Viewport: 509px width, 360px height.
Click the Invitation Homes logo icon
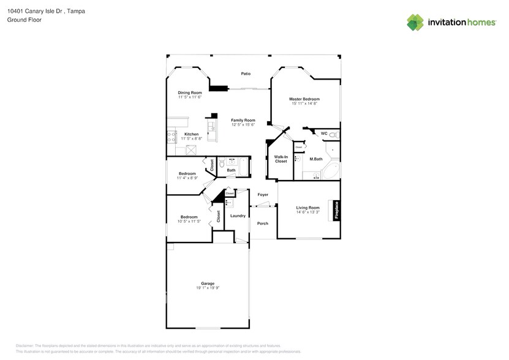pos(415,22)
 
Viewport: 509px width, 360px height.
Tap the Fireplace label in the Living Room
pos(336,210)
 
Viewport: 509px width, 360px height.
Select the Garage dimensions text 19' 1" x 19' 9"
pos(208,288)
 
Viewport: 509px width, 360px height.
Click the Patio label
pos(246,73)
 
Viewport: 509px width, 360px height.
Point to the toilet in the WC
pos(333,134)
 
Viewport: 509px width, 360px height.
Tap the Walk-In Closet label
pos(281,159)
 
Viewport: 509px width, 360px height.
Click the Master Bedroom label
pos(304,99)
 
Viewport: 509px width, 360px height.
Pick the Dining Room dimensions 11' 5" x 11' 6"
pos(190,97)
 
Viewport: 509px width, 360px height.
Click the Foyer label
pos(263,195)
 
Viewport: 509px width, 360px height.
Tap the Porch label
pos(263,223)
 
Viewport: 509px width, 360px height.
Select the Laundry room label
pos(238,216)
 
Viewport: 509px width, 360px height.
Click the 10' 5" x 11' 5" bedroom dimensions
pos(189,221)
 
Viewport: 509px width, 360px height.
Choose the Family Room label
pos(243,120)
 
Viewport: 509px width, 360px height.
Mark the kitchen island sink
pos(212,126)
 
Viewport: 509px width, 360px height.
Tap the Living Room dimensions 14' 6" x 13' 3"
pos(308,212)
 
